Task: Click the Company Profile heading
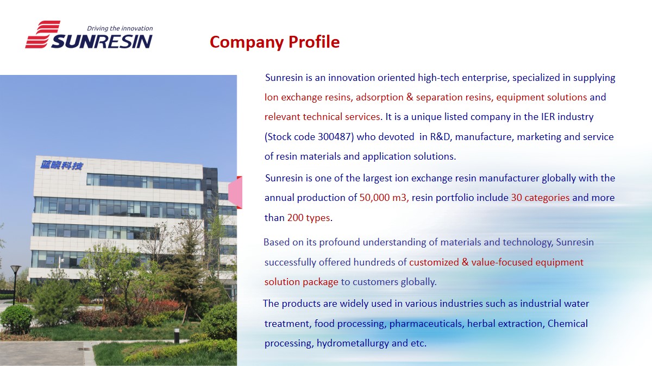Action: tap(274, 42)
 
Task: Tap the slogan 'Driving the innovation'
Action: tap(120, 28)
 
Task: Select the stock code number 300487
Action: tap(337, 137)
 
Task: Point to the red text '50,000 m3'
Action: tap(384, 198)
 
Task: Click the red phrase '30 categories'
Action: tap(540, 198)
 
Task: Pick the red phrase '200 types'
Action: tap(309, 218)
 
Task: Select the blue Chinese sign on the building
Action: tap(62, 165)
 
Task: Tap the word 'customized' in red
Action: tap(434, 262)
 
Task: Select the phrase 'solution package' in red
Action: tap(301, 282)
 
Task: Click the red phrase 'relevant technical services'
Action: tap(322, 117)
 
